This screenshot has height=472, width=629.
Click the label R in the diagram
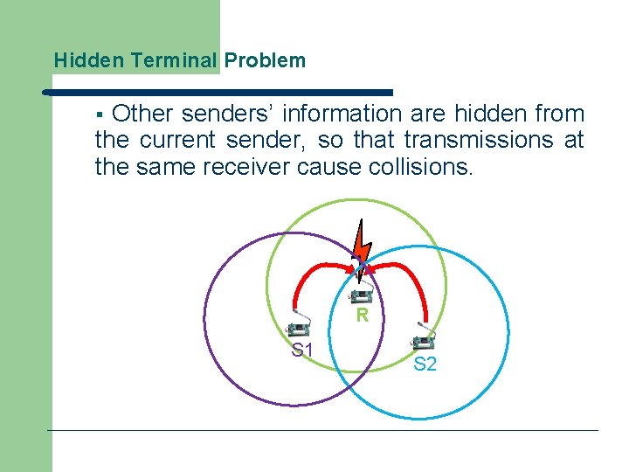362,316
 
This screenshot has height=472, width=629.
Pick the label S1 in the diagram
303,351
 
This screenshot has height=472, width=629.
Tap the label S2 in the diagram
425,364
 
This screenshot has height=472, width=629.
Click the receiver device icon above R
362,294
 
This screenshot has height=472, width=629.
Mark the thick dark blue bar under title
218,92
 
